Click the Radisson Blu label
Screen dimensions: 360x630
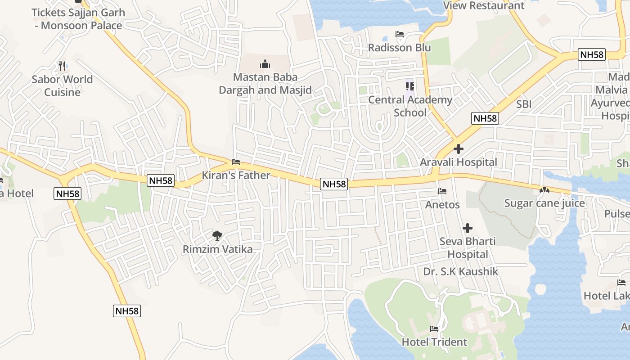click(x=399, y=48)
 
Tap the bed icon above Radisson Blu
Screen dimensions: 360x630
click(x=399, y=34)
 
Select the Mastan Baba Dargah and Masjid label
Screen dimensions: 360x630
click(x=265, y=84)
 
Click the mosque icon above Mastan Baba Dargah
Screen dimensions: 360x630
click(x=265, y=64)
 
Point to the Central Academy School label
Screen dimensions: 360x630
click(x=410, y=106)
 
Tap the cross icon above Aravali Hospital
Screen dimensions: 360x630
click(x=459, y=149)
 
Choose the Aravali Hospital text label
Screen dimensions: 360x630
click(x=459, y=162)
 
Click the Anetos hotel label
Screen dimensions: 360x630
click(x=442, y=205)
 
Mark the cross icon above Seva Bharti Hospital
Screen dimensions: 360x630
click(x=468, y=228)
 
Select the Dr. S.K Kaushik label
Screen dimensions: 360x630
click(x=461, y=271)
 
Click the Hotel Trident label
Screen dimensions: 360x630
click(x=434, y=342)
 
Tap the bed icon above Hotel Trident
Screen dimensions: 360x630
click(x=434, y=329)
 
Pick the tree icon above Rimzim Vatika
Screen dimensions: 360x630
click(x=217, y=235)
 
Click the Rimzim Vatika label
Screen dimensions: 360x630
click(x=217, y=249)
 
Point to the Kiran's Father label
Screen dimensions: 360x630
click(x=236, y=175)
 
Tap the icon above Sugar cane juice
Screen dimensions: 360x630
click(x=544, y=190)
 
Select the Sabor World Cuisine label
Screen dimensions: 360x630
click(x=62, y=85)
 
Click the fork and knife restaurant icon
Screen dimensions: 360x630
click(x=62, y=66)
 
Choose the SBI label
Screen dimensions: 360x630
click(x=524, y=104)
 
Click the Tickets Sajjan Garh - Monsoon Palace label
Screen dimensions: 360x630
click(x=78, y=19)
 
